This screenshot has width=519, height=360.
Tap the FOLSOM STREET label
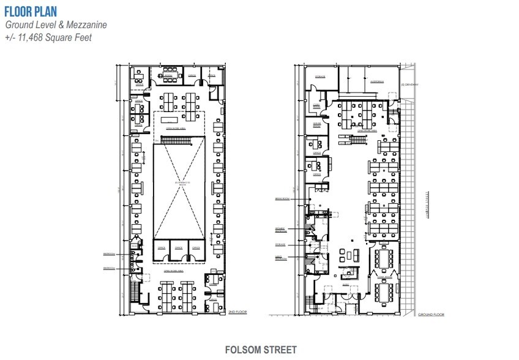260,350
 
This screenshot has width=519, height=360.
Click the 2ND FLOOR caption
236,312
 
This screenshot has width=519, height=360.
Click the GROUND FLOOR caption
431,314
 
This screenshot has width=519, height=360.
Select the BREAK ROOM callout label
281,199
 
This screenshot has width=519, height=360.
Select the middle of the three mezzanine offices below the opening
179,248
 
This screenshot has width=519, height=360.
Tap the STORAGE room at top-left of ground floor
319,77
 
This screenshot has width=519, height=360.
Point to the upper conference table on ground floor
383,257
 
